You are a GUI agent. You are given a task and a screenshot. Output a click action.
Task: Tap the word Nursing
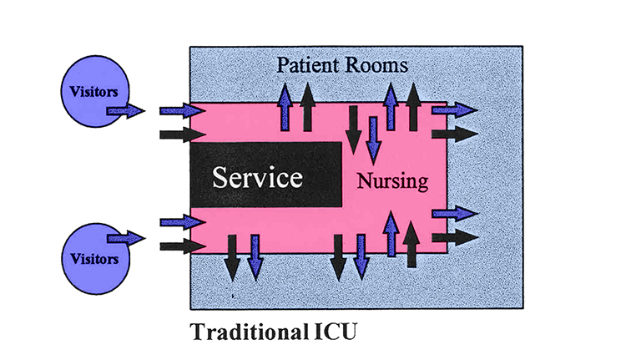[x=391, y=180]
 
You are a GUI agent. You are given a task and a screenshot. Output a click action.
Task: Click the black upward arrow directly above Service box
[x=307, y=107]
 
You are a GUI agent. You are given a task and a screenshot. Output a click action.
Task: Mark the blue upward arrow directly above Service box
[x=285, y=107]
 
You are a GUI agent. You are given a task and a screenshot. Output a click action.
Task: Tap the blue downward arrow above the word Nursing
[x=373, y=139]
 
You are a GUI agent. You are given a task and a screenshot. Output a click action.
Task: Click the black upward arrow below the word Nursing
[x=411, y=243]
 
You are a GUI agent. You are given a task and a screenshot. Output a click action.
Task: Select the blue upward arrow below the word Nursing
[x=391, y=233]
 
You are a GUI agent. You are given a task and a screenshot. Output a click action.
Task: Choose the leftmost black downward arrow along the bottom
[x=232, y=257]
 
